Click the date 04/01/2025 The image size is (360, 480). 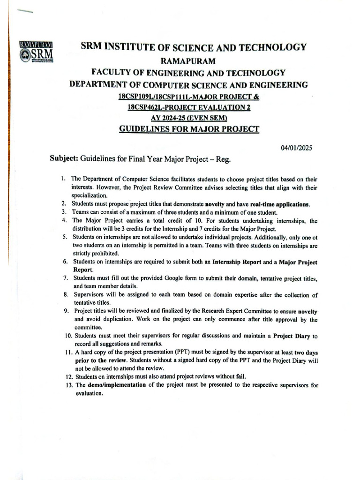click(296, 148)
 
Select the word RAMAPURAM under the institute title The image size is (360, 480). click(187, 60)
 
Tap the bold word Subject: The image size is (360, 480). click(64, 158)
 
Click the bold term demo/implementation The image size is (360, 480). click(117, 385)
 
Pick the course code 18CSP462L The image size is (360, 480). click(146, 107)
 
